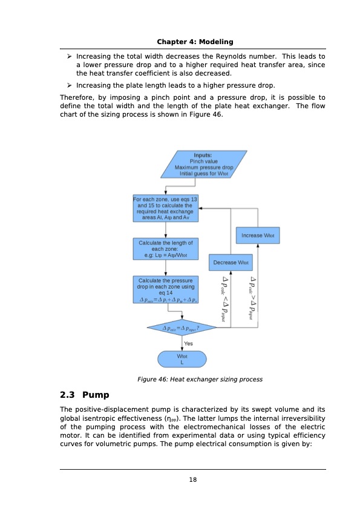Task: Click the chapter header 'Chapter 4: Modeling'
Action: click(195, 41)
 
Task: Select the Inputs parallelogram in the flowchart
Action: click(203, 164)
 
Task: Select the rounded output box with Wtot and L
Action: click(182, 360)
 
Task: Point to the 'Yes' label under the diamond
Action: click(188, 343)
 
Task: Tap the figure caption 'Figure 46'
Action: click(200, 380)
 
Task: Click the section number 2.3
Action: click(68, 395)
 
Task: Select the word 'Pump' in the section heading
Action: click(96, 395)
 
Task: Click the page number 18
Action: click(193, 479)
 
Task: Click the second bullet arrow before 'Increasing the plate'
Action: click(70, 85)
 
